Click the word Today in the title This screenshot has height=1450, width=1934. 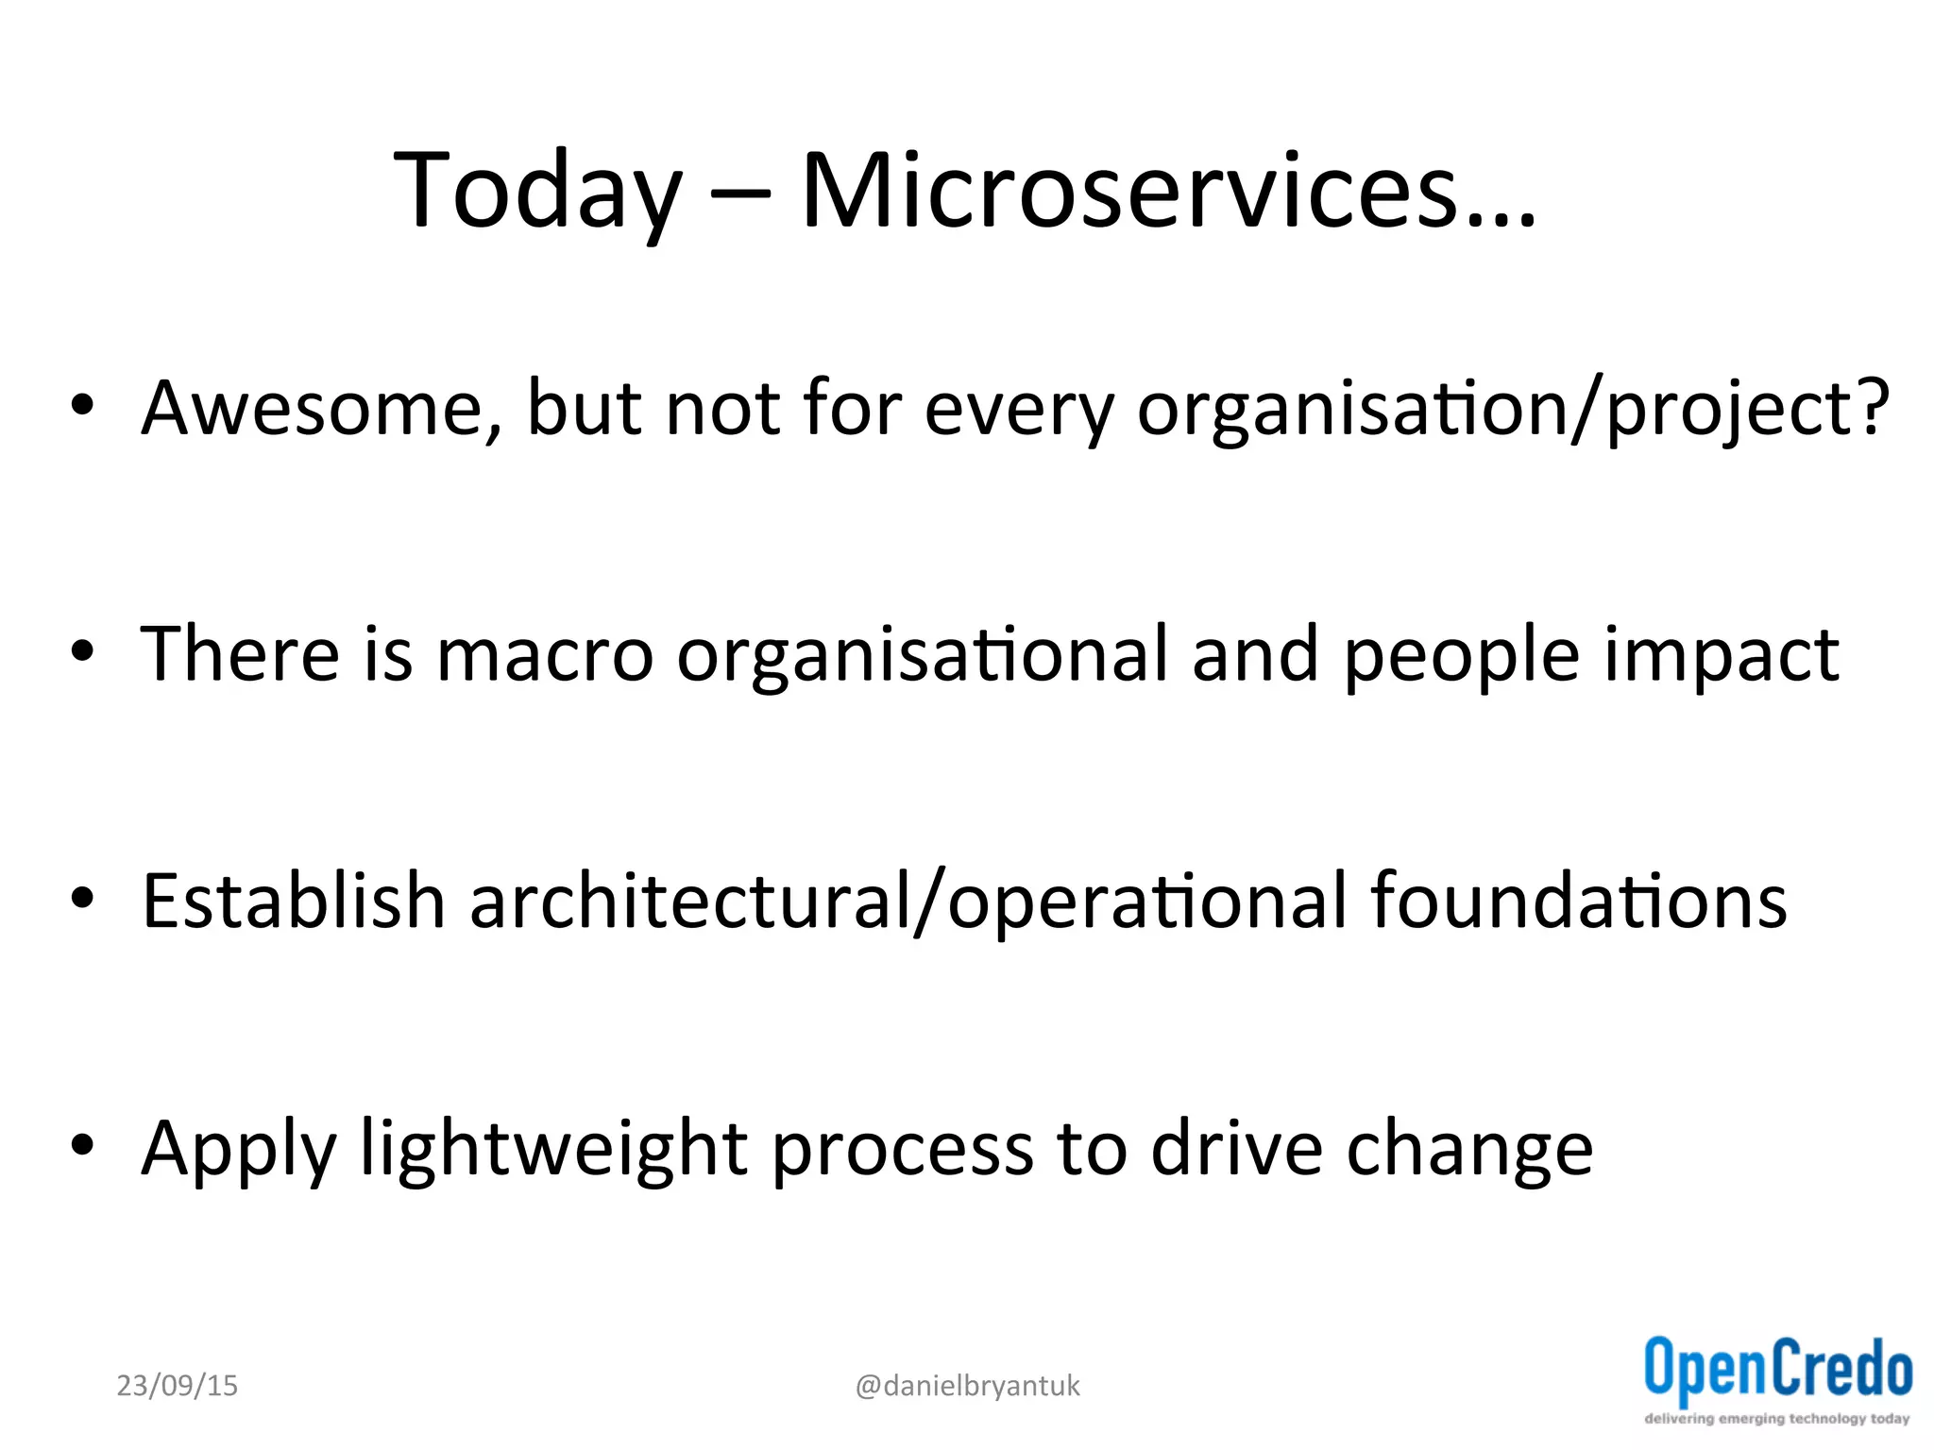(536, 193)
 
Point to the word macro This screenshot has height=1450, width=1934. (545, 656)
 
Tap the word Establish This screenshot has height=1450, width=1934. (293, 902)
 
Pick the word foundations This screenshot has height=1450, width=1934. (1578, 902)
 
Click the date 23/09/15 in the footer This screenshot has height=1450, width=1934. (177, 1386)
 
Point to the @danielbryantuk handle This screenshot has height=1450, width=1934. (967, 1386)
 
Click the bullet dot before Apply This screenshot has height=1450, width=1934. (83, 1145)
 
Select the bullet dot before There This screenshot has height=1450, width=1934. (83, 650)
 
